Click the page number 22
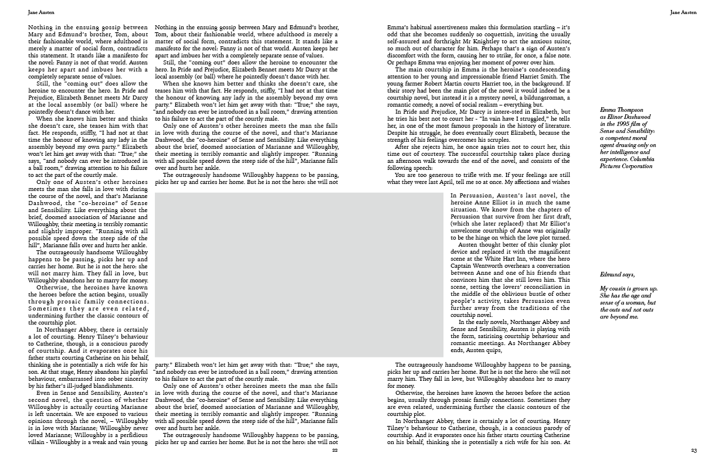click(335, 451)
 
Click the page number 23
click(693, 451)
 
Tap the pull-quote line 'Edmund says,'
click(617, 274)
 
